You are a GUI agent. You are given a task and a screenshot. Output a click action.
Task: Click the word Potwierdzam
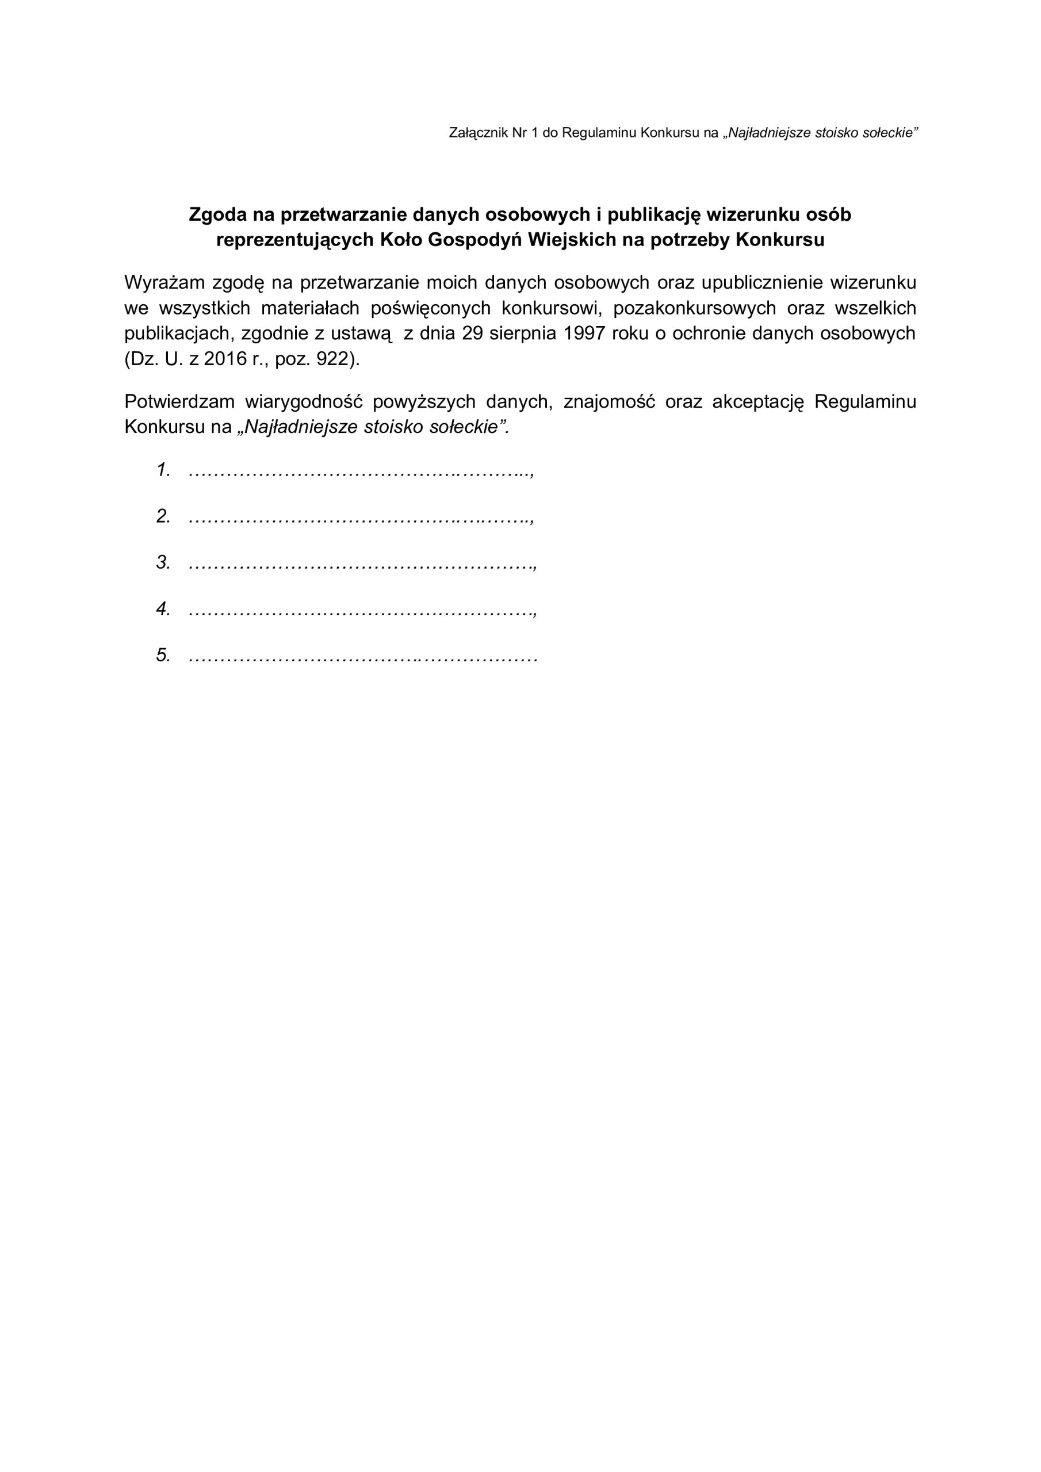(x=181, y=402)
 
